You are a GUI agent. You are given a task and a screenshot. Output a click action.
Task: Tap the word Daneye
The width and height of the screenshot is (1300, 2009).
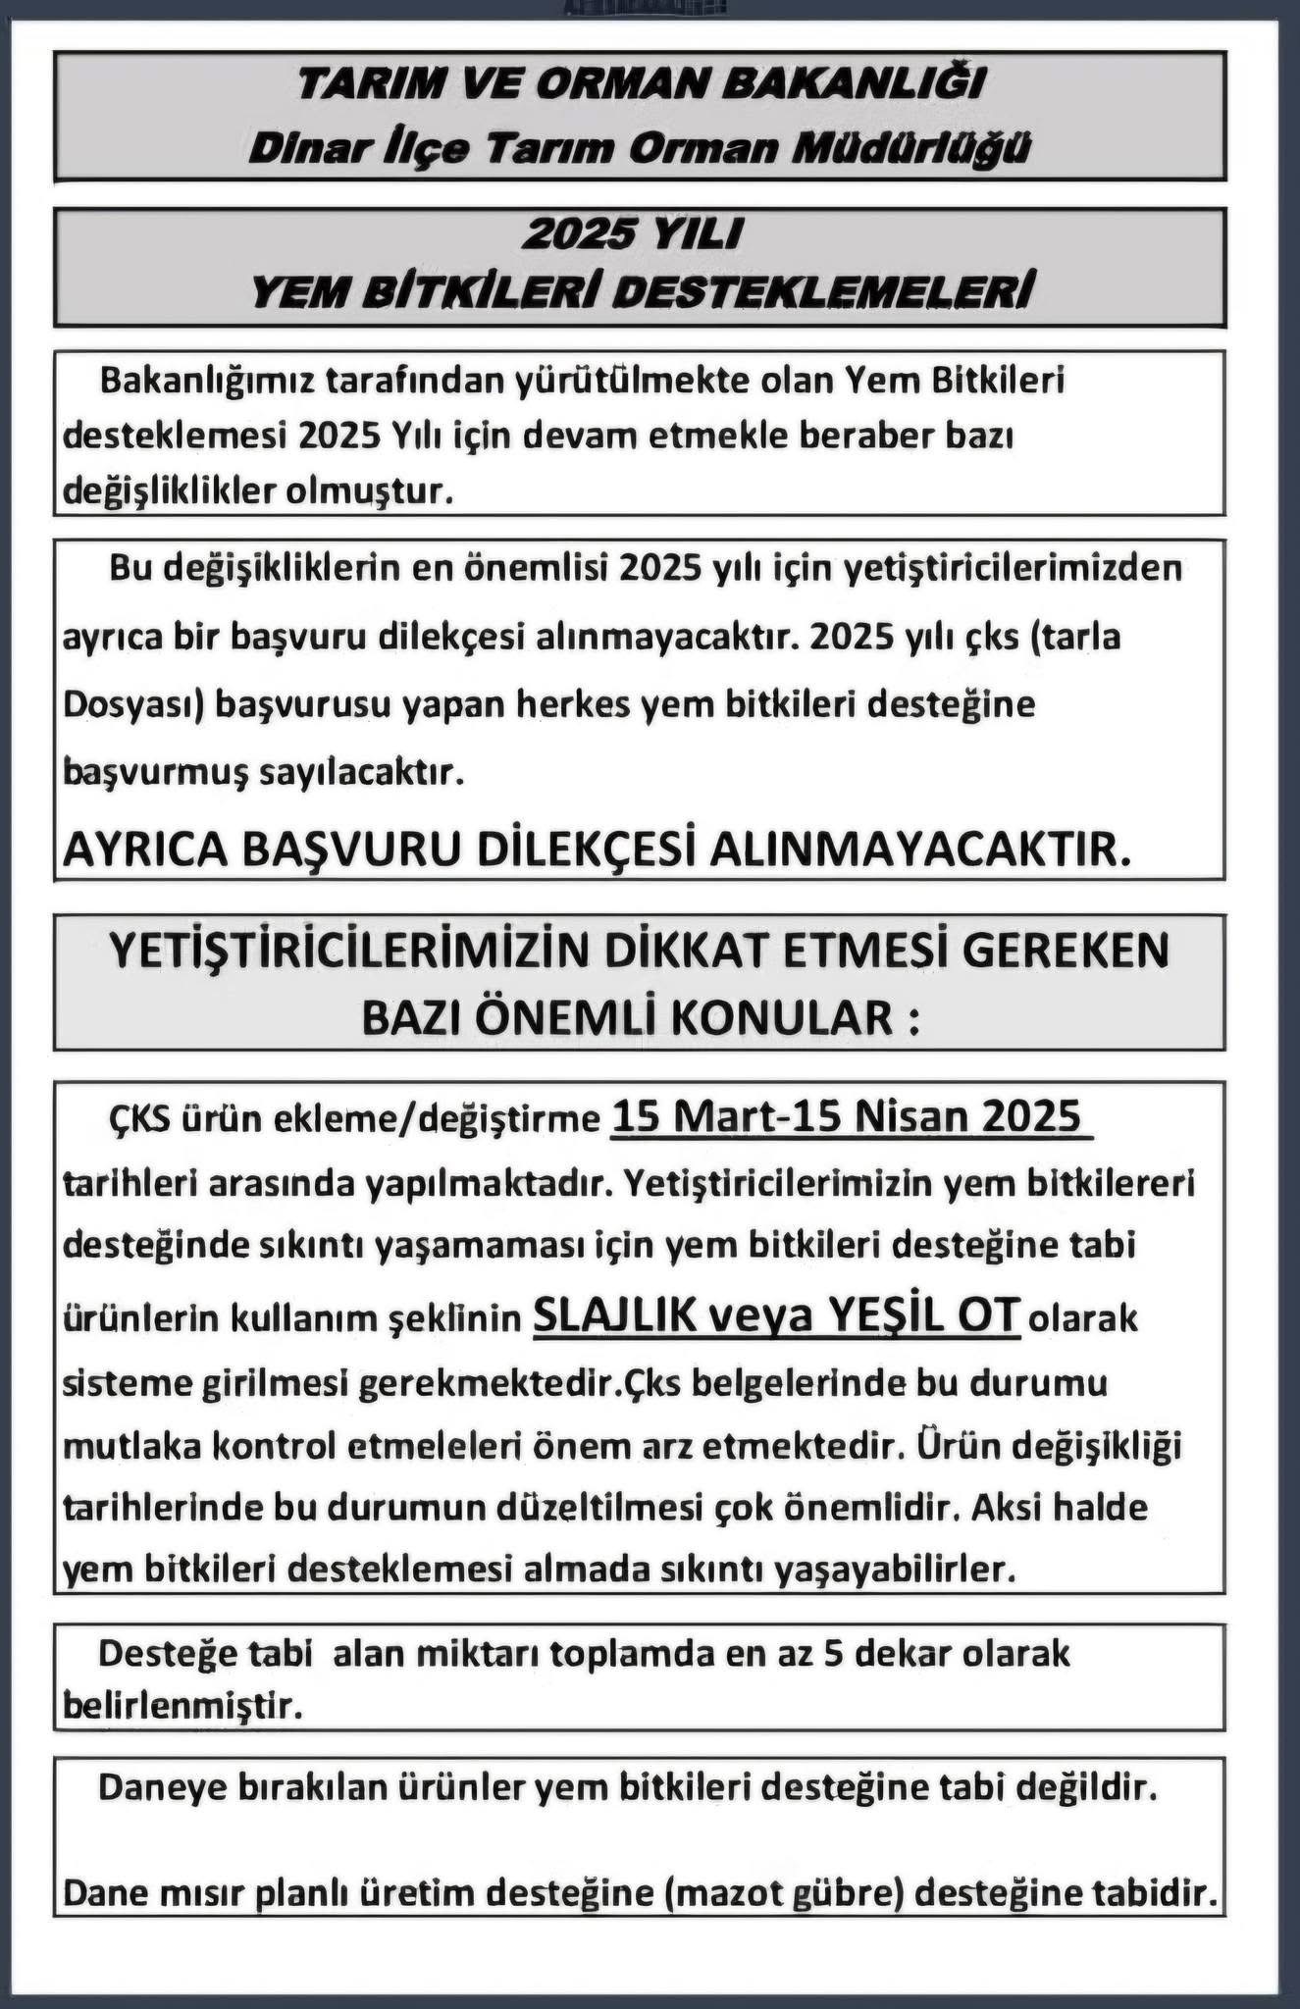click(x=161, y=1787)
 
